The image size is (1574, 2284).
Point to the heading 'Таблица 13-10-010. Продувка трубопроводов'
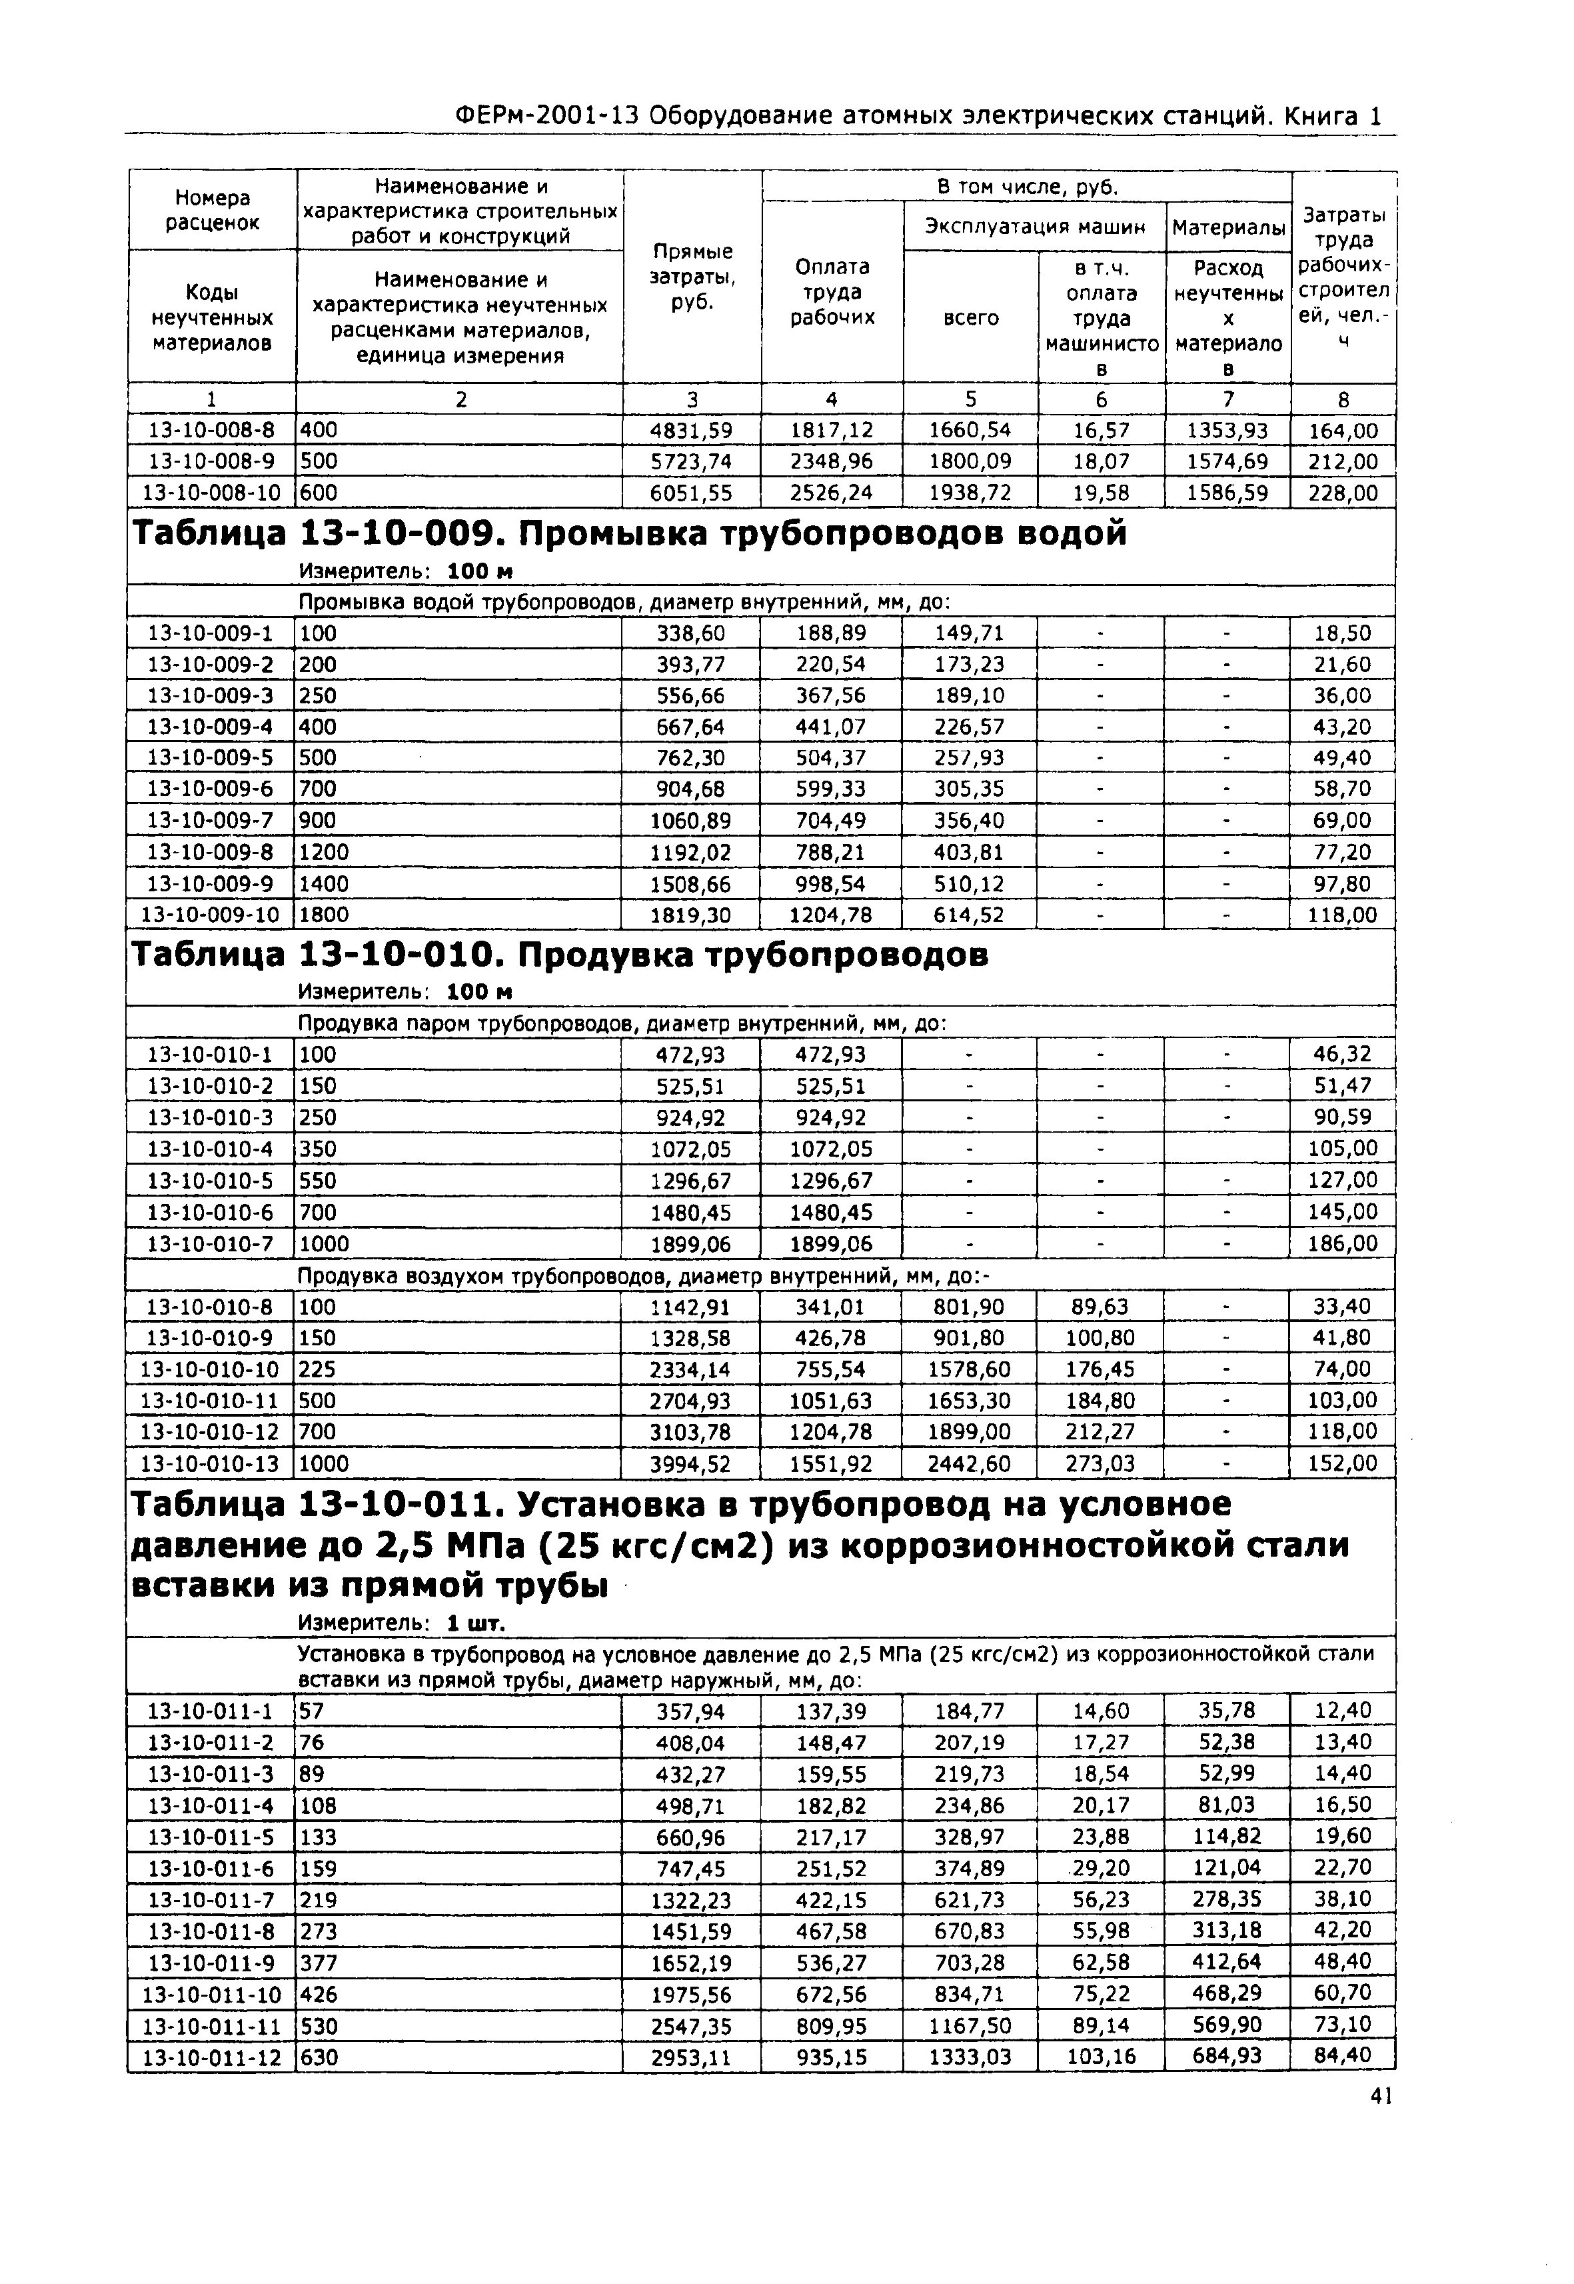point(559,955)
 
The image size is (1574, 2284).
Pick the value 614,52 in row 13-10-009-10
point(970,915)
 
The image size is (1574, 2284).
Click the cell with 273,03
point(1101,1463)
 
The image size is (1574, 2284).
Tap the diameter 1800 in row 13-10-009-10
point(325,915)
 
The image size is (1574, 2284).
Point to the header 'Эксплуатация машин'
point(1034,227)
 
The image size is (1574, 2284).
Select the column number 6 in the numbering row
point(1101,399)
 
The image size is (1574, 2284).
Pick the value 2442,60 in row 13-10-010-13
point(970,1463)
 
